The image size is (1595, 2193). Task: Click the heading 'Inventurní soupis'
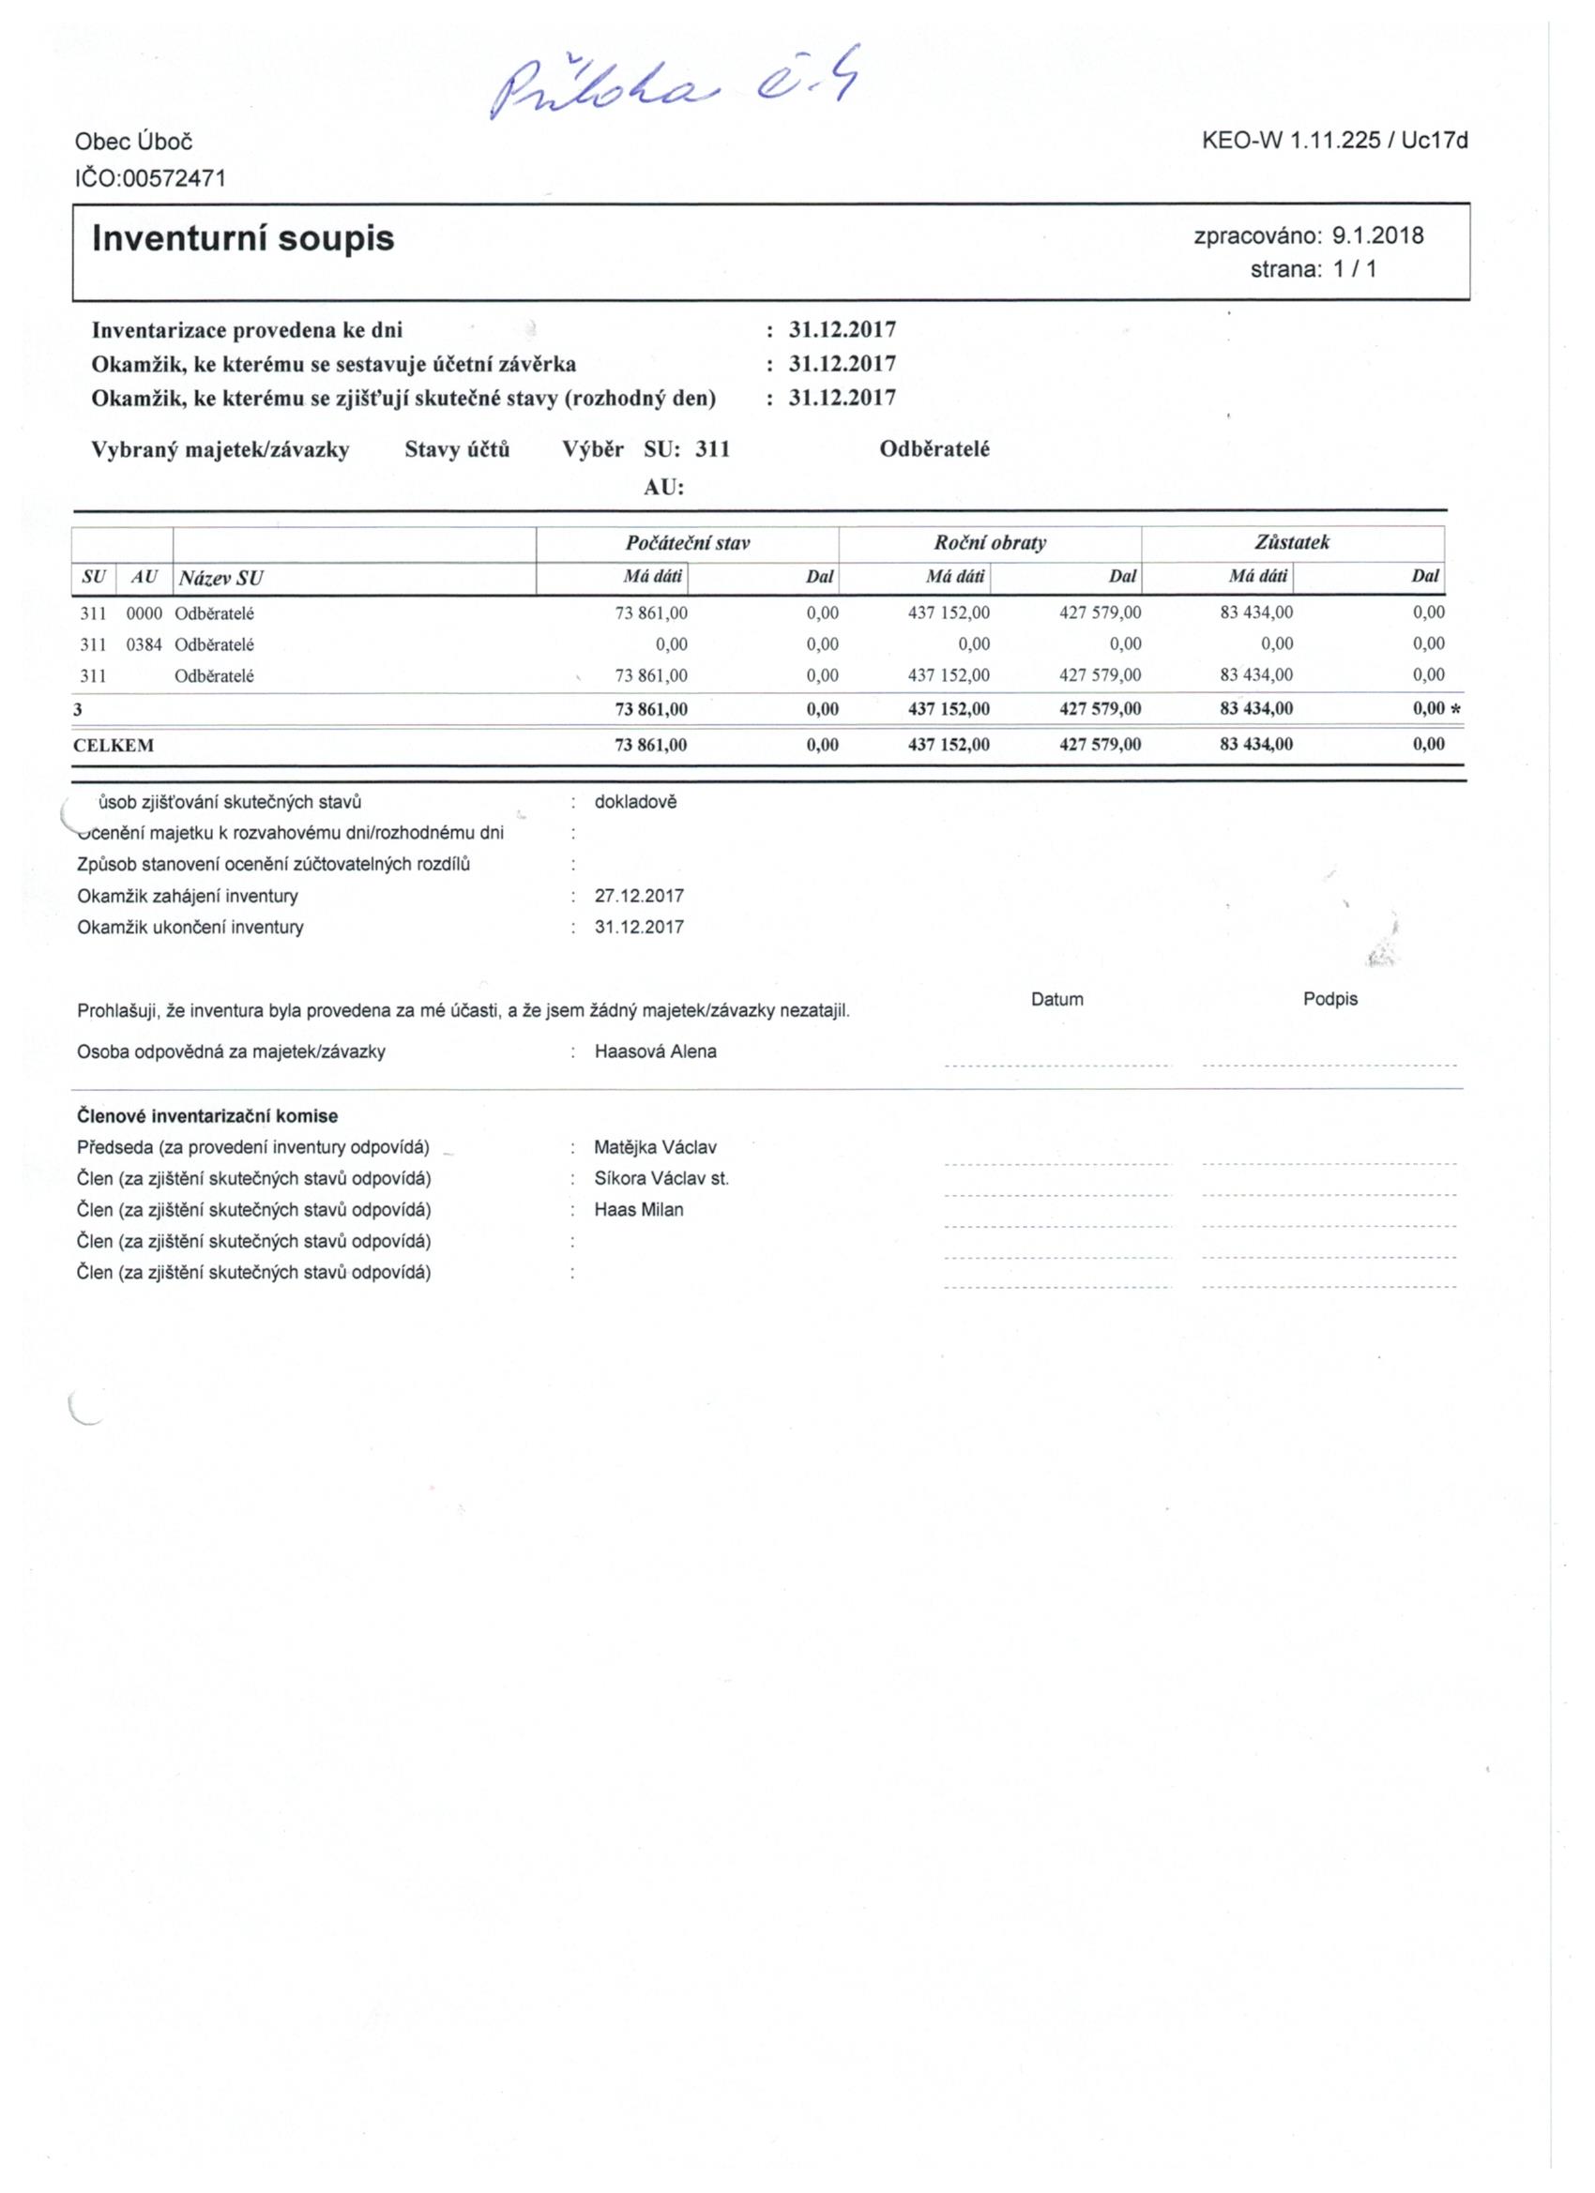[243, 238]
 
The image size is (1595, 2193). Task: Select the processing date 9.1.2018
[1377, 234]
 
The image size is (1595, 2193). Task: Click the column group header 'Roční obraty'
[990, 542]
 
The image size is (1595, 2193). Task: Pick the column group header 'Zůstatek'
[1291, 542]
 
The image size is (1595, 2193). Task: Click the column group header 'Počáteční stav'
[688, 542]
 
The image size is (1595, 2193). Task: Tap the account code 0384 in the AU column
[144, 644]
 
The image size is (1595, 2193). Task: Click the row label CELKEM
[114, 746]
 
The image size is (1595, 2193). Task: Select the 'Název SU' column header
[219, 578]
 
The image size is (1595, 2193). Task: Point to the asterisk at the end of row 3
[1456, 710]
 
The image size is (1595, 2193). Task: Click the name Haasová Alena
[656, 1052]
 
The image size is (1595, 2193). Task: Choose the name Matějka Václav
[656, 1148]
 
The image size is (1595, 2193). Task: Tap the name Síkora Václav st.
[661, 1179]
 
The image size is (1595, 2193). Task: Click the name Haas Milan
[638, 1210]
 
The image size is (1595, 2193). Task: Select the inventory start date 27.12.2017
[638, 897]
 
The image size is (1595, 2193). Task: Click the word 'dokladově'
[635, 802]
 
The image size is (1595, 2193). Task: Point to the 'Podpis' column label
[1330, 999]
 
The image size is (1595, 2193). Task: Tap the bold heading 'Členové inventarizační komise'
[207, 1116]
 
